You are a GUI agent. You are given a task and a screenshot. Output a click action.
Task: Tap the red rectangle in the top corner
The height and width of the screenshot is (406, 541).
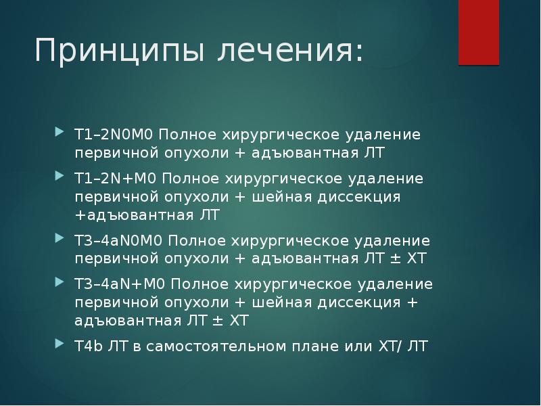(x=479, y=32)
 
